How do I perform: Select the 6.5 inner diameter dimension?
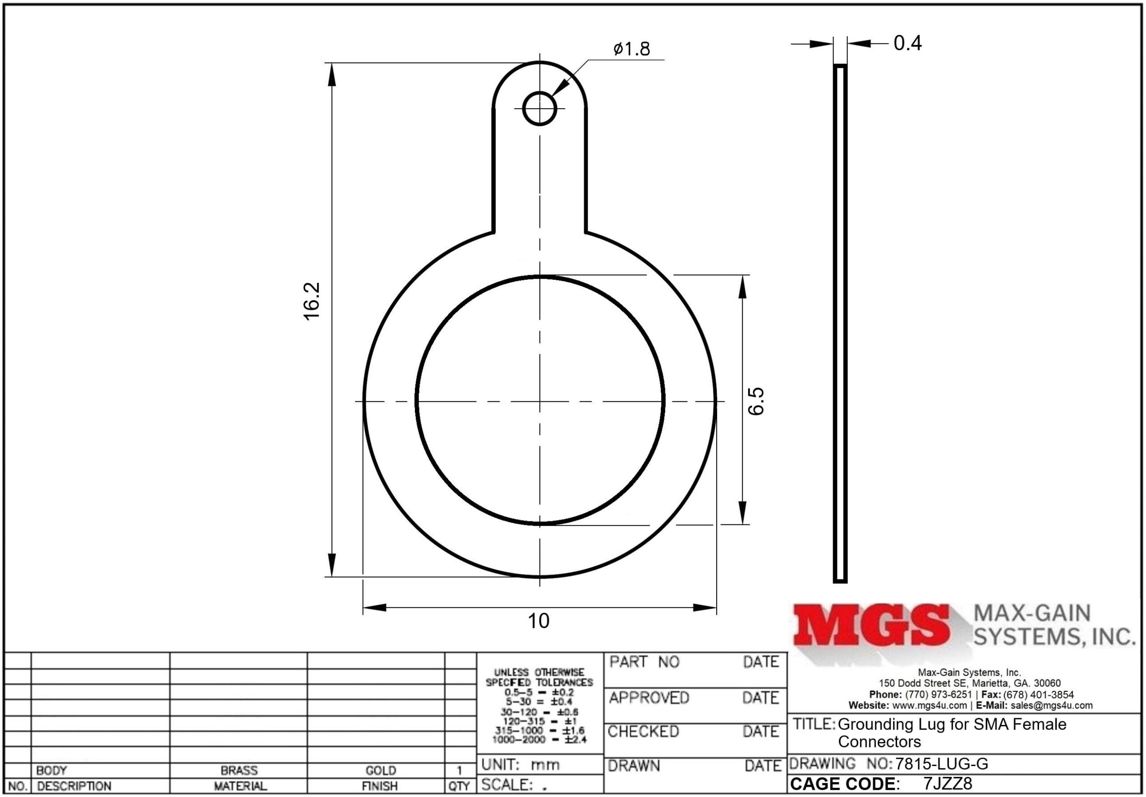[756, 401]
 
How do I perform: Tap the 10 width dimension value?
[539, 621]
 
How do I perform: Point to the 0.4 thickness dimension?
[907, 43]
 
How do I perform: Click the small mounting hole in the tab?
[539, 108]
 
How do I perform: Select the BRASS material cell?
[239, 770]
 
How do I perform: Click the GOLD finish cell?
[381, 771]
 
